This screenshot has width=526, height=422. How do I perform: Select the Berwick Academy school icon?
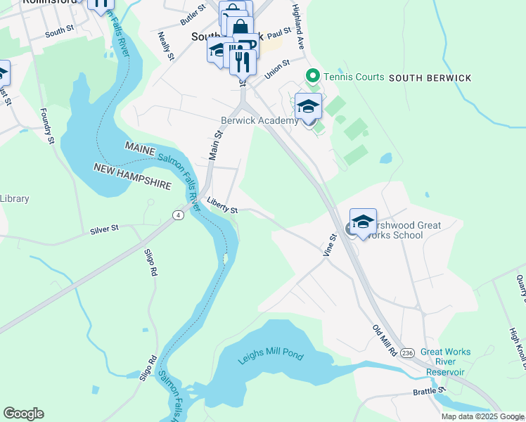[x=308, y=108]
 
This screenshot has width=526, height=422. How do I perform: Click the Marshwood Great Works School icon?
[x=363, y=222]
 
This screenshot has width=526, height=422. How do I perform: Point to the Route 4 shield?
[x=179, y=215]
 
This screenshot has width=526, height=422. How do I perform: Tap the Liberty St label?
[x=222, y=205]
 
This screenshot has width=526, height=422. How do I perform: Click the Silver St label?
[x=105, y=229]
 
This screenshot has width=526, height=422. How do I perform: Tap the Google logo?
[x=23, y=414]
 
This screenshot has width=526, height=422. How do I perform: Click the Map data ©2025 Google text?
[x=482, y=416]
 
